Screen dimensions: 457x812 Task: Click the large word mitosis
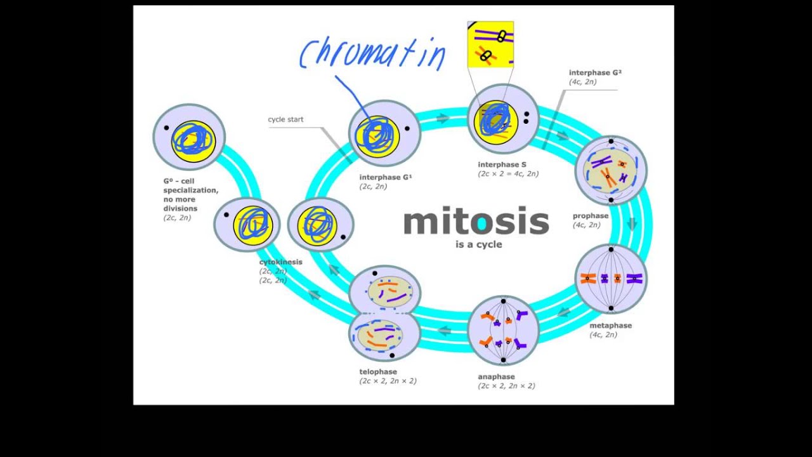tap(476, 222)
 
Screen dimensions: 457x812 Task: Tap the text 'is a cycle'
tap(478, 244)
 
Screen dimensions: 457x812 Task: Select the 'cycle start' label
tap(285, 119)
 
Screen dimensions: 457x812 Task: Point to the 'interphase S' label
tap(502, 164)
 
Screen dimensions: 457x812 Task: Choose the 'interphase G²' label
tap(594, 73)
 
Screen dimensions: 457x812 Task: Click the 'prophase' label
tap(590, 216)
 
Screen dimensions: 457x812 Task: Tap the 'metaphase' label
tap(610, 326)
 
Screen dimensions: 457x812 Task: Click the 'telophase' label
tap(378, 371)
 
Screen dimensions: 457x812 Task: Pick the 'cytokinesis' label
tap(280, 262)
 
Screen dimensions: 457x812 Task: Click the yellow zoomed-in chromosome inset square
tap(490, 44)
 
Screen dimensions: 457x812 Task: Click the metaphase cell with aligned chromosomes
tap(611, 278)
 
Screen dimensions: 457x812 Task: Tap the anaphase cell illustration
tap(503, 330)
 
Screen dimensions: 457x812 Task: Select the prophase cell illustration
tap(611, 169)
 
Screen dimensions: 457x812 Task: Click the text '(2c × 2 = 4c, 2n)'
tap(508, 174)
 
